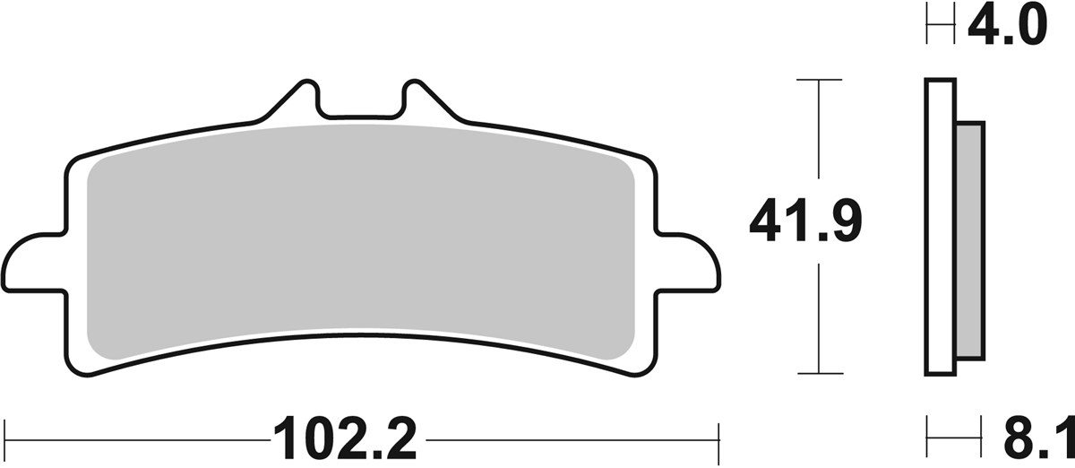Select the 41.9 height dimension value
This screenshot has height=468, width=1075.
pyautogui.click(x=804, y=223)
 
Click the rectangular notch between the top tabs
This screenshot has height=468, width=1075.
pyautogui.click(x=360, y=107)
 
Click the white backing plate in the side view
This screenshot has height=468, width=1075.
pyautogui.click(x=939, y=224)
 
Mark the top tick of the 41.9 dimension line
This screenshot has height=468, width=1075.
pyautogui.click(x=819, y=80)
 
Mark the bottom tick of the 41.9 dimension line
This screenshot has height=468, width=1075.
pyautogui.click(x=819, y=372)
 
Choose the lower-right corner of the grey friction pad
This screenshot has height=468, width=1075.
pyautogui.click(x=627, y=350)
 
